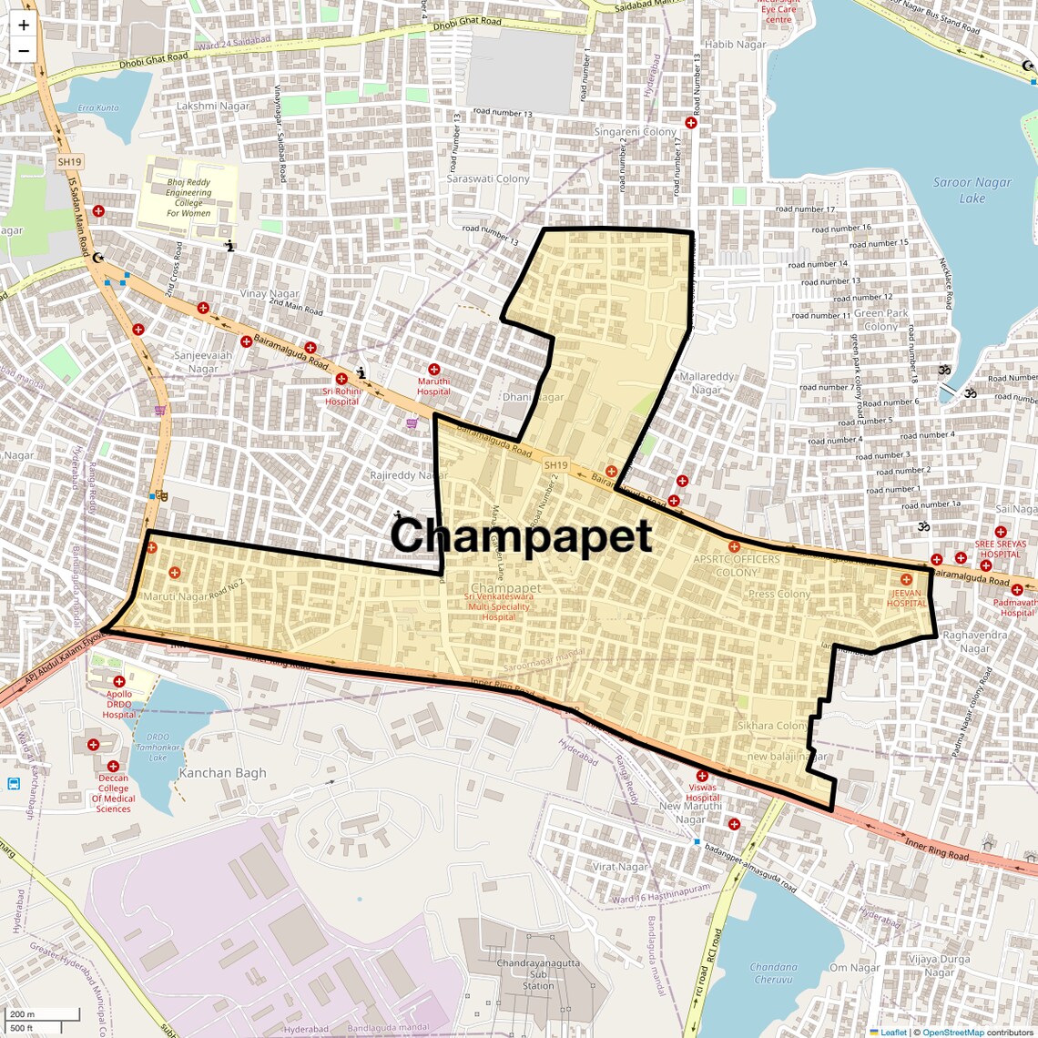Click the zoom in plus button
pyautogui.click(x=24, y=25)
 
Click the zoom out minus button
pyautogui.click(x=24, y=51)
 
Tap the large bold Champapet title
pyautogui.click(x=521, y=535)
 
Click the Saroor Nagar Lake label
pyautogui.click(x=972, y=189)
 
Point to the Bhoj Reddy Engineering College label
pyautogui.click(x=188, y=198)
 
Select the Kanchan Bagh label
pyautogui.click(x=223, y=773)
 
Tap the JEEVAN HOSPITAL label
pyautogui.click(x=907, y=598)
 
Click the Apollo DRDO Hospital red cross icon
pyautogui.click(x=118, y=681)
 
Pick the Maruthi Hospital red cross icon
pyautogui.click(x=434, y=370)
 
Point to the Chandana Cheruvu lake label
pyautogui.click(x=773, y=973)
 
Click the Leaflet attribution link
pyautogui.click(x=893, y=1032)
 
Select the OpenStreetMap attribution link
pyautogui.click(x=952, y=1032)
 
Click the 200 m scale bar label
pyautogui.click(x=23, y=1014)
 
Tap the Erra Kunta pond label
pyautogui.click(x=98, y=107)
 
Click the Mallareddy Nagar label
pyautogui.click(x=707, y=383)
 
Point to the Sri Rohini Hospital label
pyautogui.click(x=341, y=396)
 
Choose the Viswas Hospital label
pyautogui.click(x=702, y=792)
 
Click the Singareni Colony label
pyautogui.click(x=636, y=132)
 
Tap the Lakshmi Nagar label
pyautogui.click(x=213, y=106)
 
